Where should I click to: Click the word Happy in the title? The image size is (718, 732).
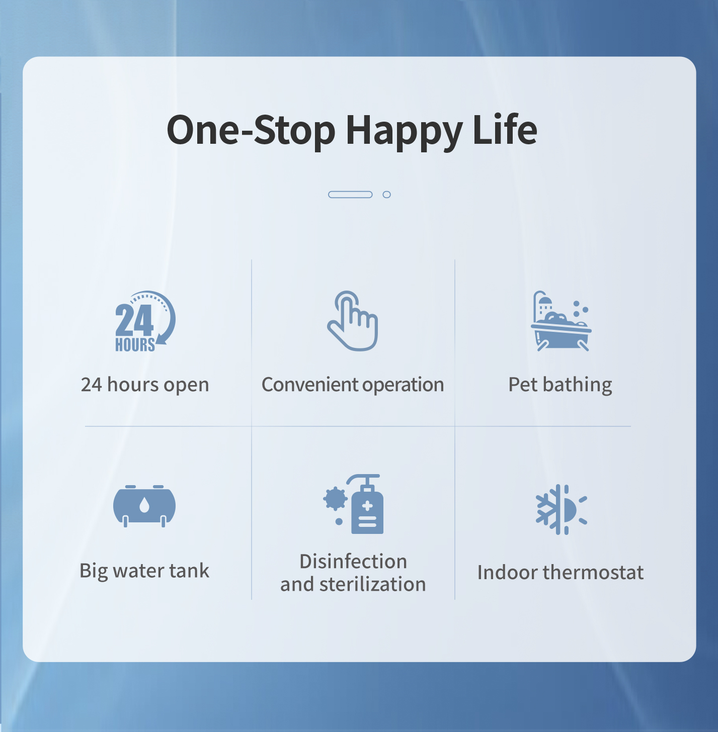point(404,131)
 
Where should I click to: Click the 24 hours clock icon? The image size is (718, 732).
point(145,321)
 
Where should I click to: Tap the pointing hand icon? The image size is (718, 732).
point(353,321)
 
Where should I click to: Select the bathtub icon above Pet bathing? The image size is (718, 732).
point(561,321)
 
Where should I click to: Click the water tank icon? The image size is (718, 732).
point(144,506)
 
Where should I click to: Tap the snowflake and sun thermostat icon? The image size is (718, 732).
point(562,510)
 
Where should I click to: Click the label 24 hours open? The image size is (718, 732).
point(145,385)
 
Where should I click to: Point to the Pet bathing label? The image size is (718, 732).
point(560,385)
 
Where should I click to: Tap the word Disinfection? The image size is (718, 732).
point(353,562)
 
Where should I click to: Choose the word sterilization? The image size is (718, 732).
point(373,584)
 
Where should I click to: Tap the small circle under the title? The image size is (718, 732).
point(387,195)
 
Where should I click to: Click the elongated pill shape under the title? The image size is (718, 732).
point(350,195)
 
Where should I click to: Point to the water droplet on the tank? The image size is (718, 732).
point(144,505)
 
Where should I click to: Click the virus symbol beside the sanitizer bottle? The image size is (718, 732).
point(335,498)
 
